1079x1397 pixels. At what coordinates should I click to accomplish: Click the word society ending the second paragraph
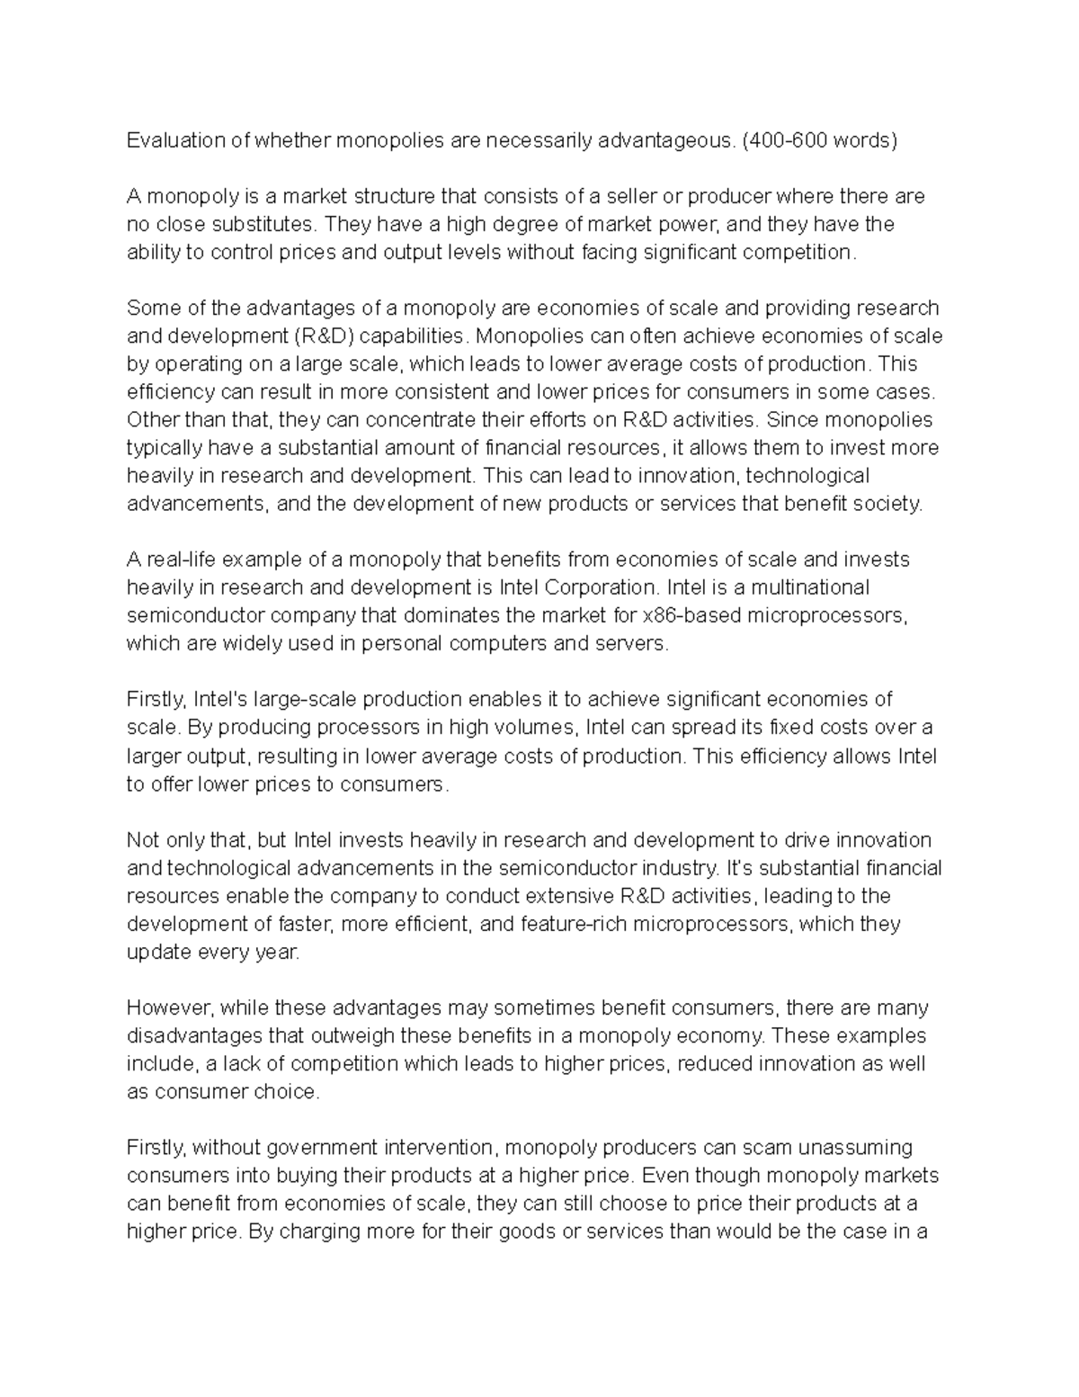pyautogui.click(x=890, y=504)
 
